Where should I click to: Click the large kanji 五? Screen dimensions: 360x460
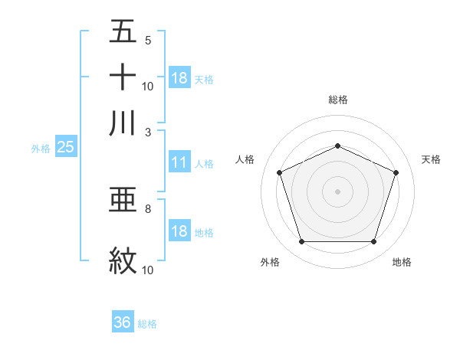[x=123, y=32]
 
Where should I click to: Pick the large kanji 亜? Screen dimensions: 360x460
[x=123, y=200]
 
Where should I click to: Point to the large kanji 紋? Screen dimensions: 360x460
[x=123, y=261]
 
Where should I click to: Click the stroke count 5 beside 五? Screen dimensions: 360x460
[x=147, y=41]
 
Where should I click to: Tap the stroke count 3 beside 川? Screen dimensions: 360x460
[x=147, y=131]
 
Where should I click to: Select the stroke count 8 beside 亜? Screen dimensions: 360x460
[x=147, y=208]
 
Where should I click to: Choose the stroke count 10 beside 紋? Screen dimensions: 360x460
[x=149, y=270]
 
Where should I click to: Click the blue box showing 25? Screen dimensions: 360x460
[x=65, y=148]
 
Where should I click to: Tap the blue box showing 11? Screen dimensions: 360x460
[x=179, y=162]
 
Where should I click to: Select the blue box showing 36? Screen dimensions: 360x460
[x=123, y=323]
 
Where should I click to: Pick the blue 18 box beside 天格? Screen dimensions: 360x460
[x=179, y=78]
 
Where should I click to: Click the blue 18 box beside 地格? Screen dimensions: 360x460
[x=179, y=231]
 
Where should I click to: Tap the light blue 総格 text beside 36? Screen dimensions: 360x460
[x=147, y=324]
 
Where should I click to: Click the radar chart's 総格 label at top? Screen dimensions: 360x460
[x=337, y=100]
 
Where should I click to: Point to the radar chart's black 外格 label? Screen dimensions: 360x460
[x=270, y=263]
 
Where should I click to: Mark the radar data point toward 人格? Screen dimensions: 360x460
[x=279, y=172]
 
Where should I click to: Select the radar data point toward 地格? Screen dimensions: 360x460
[x=373, y=241]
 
